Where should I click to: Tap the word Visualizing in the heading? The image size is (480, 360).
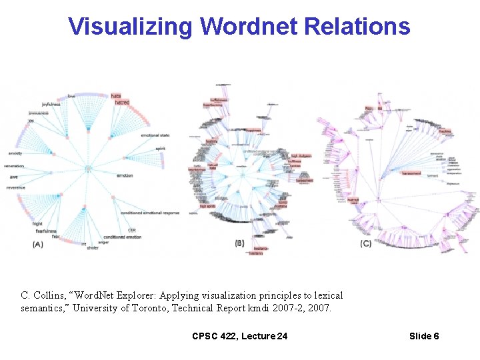tap(131, 26)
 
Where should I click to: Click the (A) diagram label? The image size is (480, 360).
tap(38, 245)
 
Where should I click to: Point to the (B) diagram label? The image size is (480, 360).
tap(239, 243)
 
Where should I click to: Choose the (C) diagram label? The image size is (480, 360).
tap(365, 244)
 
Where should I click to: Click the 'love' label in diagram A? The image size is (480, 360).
tap(71, 96)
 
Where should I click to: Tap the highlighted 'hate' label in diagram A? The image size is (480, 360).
tap(116, 95)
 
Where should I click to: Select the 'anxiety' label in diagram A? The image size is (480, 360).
tap(15, 153)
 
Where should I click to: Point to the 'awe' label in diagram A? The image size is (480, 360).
tap(14, 177)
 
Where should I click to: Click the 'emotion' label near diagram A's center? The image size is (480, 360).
tap(125, 176)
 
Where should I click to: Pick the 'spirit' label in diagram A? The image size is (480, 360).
tap(160, 149)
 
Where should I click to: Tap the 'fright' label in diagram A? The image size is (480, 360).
tap(37, 224)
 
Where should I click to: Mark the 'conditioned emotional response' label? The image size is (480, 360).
tap(150, 213)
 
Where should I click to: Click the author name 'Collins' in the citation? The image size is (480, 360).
tap(50, 295)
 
